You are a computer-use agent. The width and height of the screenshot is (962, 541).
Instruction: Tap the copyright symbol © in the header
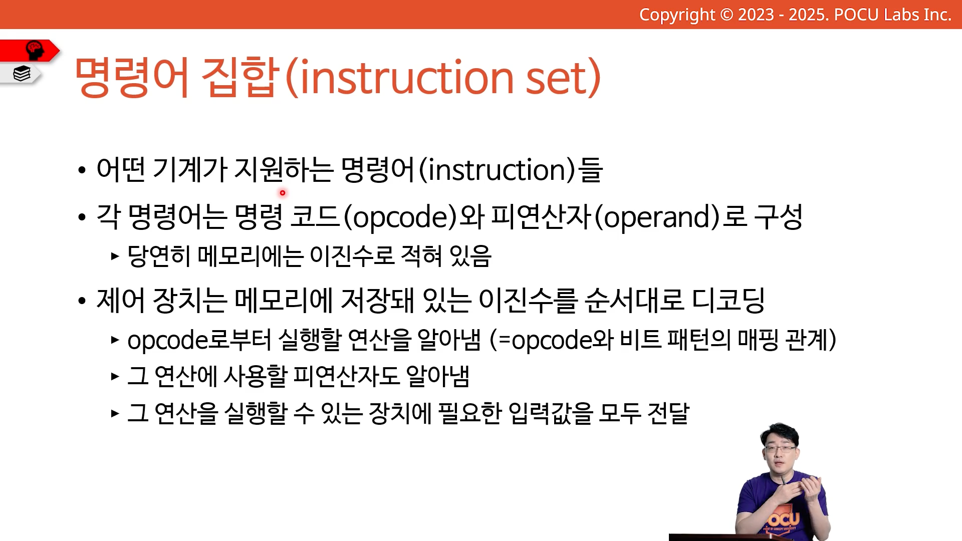coord(727,15)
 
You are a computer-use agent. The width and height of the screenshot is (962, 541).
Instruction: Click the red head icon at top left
coord(35,50)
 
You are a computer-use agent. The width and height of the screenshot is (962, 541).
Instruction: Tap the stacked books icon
coord(22,74)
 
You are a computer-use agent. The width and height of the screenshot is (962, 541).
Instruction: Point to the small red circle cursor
coord(283,192)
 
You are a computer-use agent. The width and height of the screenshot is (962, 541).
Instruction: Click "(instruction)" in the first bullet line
coord(497,170)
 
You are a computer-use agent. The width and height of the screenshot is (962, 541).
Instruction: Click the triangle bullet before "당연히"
coord(115,256)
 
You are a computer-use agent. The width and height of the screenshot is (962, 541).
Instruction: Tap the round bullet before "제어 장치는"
coord(82,301)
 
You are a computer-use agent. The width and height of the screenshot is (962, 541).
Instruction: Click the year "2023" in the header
coord(756,15)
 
